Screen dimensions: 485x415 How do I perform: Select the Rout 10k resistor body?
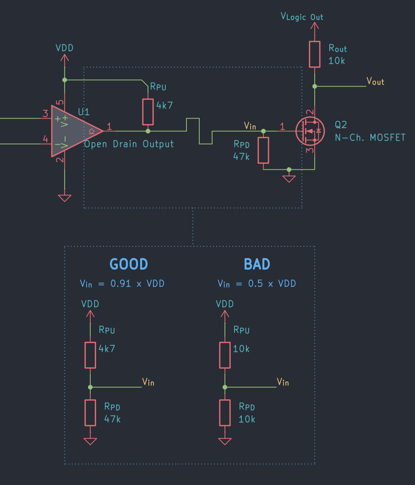point(314,54)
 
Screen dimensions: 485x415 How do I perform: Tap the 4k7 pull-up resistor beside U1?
point(147,112)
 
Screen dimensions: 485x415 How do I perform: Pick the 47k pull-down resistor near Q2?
point(263,150)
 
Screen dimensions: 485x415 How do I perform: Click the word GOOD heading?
point(129,264)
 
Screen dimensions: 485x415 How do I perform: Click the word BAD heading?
point(257,264)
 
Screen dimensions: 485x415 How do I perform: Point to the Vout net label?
point(375,81)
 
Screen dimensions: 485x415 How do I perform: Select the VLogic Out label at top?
point(302,17)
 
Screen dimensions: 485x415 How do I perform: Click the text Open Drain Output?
point(129,144)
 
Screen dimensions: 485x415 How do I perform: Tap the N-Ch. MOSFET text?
point(370,137)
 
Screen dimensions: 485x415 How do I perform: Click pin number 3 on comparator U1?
point(45,113)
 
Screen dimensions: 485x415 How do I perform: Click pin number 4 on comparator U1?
point(45,139)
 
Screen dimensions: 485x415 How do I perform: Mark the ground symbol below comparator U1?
point(65,198)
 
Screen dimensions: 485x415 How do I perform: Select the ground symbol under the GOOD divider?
point(90,441)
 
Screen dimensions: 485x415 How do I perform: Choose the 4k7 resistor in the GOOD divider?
point(90,355)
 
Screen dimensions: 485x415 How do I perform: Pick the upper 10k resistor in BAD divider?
point(224,355)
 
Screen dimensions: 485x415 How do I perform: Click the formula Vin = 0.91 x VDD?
point(122,284)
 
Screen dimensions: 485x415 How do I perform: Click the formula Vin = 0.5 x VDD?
point(257,284)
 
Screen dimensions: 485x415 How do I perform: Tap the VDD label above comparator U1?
point(64,48)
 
